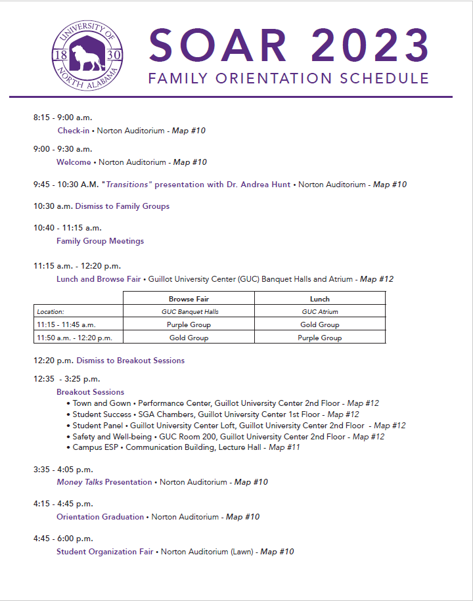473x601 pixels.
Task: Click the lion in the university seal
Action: [x=87, y=55]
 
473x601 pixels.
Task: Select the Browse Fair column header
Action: [x=189, y=299]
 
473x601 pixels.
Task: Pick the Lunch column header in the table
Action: [x=319, y=299]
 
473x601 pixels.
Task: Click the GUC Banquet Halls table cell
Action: [x=189, y=312]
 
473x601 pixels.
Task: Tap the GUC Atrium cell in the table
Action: [x=319, y=312]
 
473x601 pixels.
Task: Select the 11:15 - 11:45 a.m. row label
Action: [x=66, y=324]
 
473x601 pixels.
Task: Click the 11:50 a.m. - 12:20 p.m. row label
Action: [x=75, y=338]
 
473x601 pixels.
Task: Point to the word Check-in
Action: [x=74, y=131]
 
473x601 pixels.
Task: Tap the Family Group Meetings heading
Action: [x=100, y=241]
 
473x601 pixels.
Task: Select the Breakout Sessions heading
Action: [x=90, y=392]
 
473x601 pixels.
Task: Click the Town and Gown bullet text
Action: [x=102, y=403]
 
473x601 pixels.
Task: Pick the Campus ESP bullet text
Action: [x=97, y=447]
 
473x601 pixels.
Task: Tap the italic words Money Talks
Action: [x=79, y=482]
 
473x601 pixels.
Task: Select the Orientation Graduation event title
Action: [x=100, y=517]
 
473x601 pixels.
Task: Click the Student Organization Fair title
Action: [x=104, y=552]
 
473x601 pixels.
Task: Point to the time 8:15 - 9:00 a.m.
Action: [x=63, y=118]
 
